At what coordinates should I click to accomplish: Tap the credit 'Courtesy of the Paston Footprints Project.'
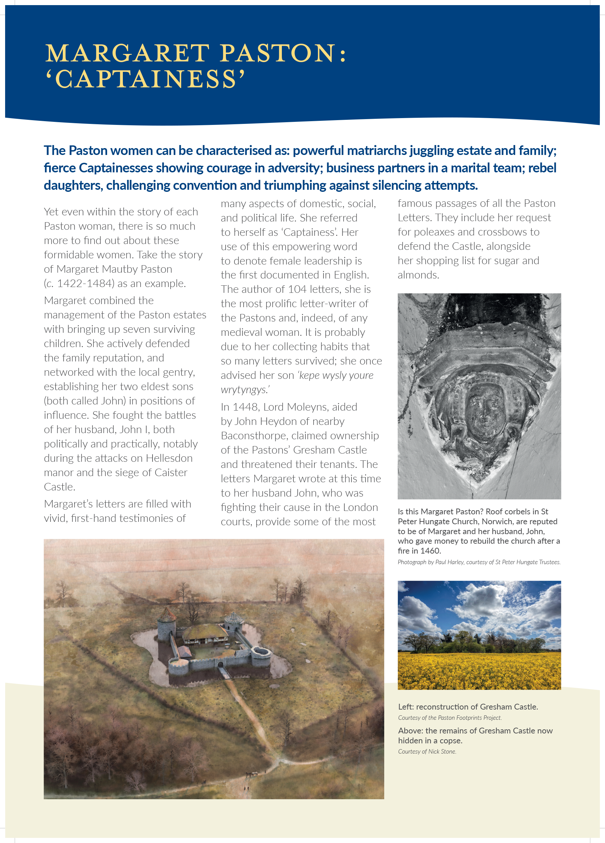click(450, 718)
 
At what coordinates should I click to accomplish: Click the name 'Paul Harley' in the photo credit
click(449, 562)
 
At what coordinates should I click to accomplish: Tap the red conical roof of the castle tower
click(167, 615)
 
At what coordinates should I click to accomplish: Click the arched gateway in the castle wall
click(220, 665)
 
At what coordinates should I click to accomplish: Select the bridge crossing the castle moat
click(225, 672)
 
